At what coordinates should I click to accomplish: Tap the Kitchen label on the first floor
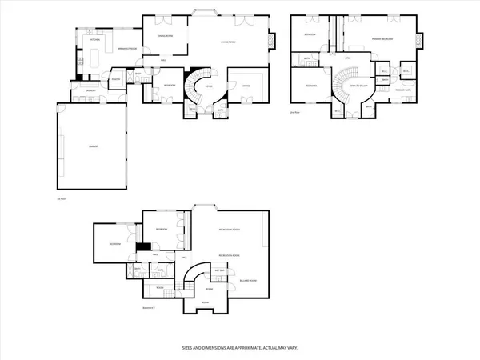94,38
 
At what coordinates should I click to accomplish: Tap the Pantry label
116,79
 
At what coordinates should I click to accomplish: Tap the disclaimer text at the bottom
240,348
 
